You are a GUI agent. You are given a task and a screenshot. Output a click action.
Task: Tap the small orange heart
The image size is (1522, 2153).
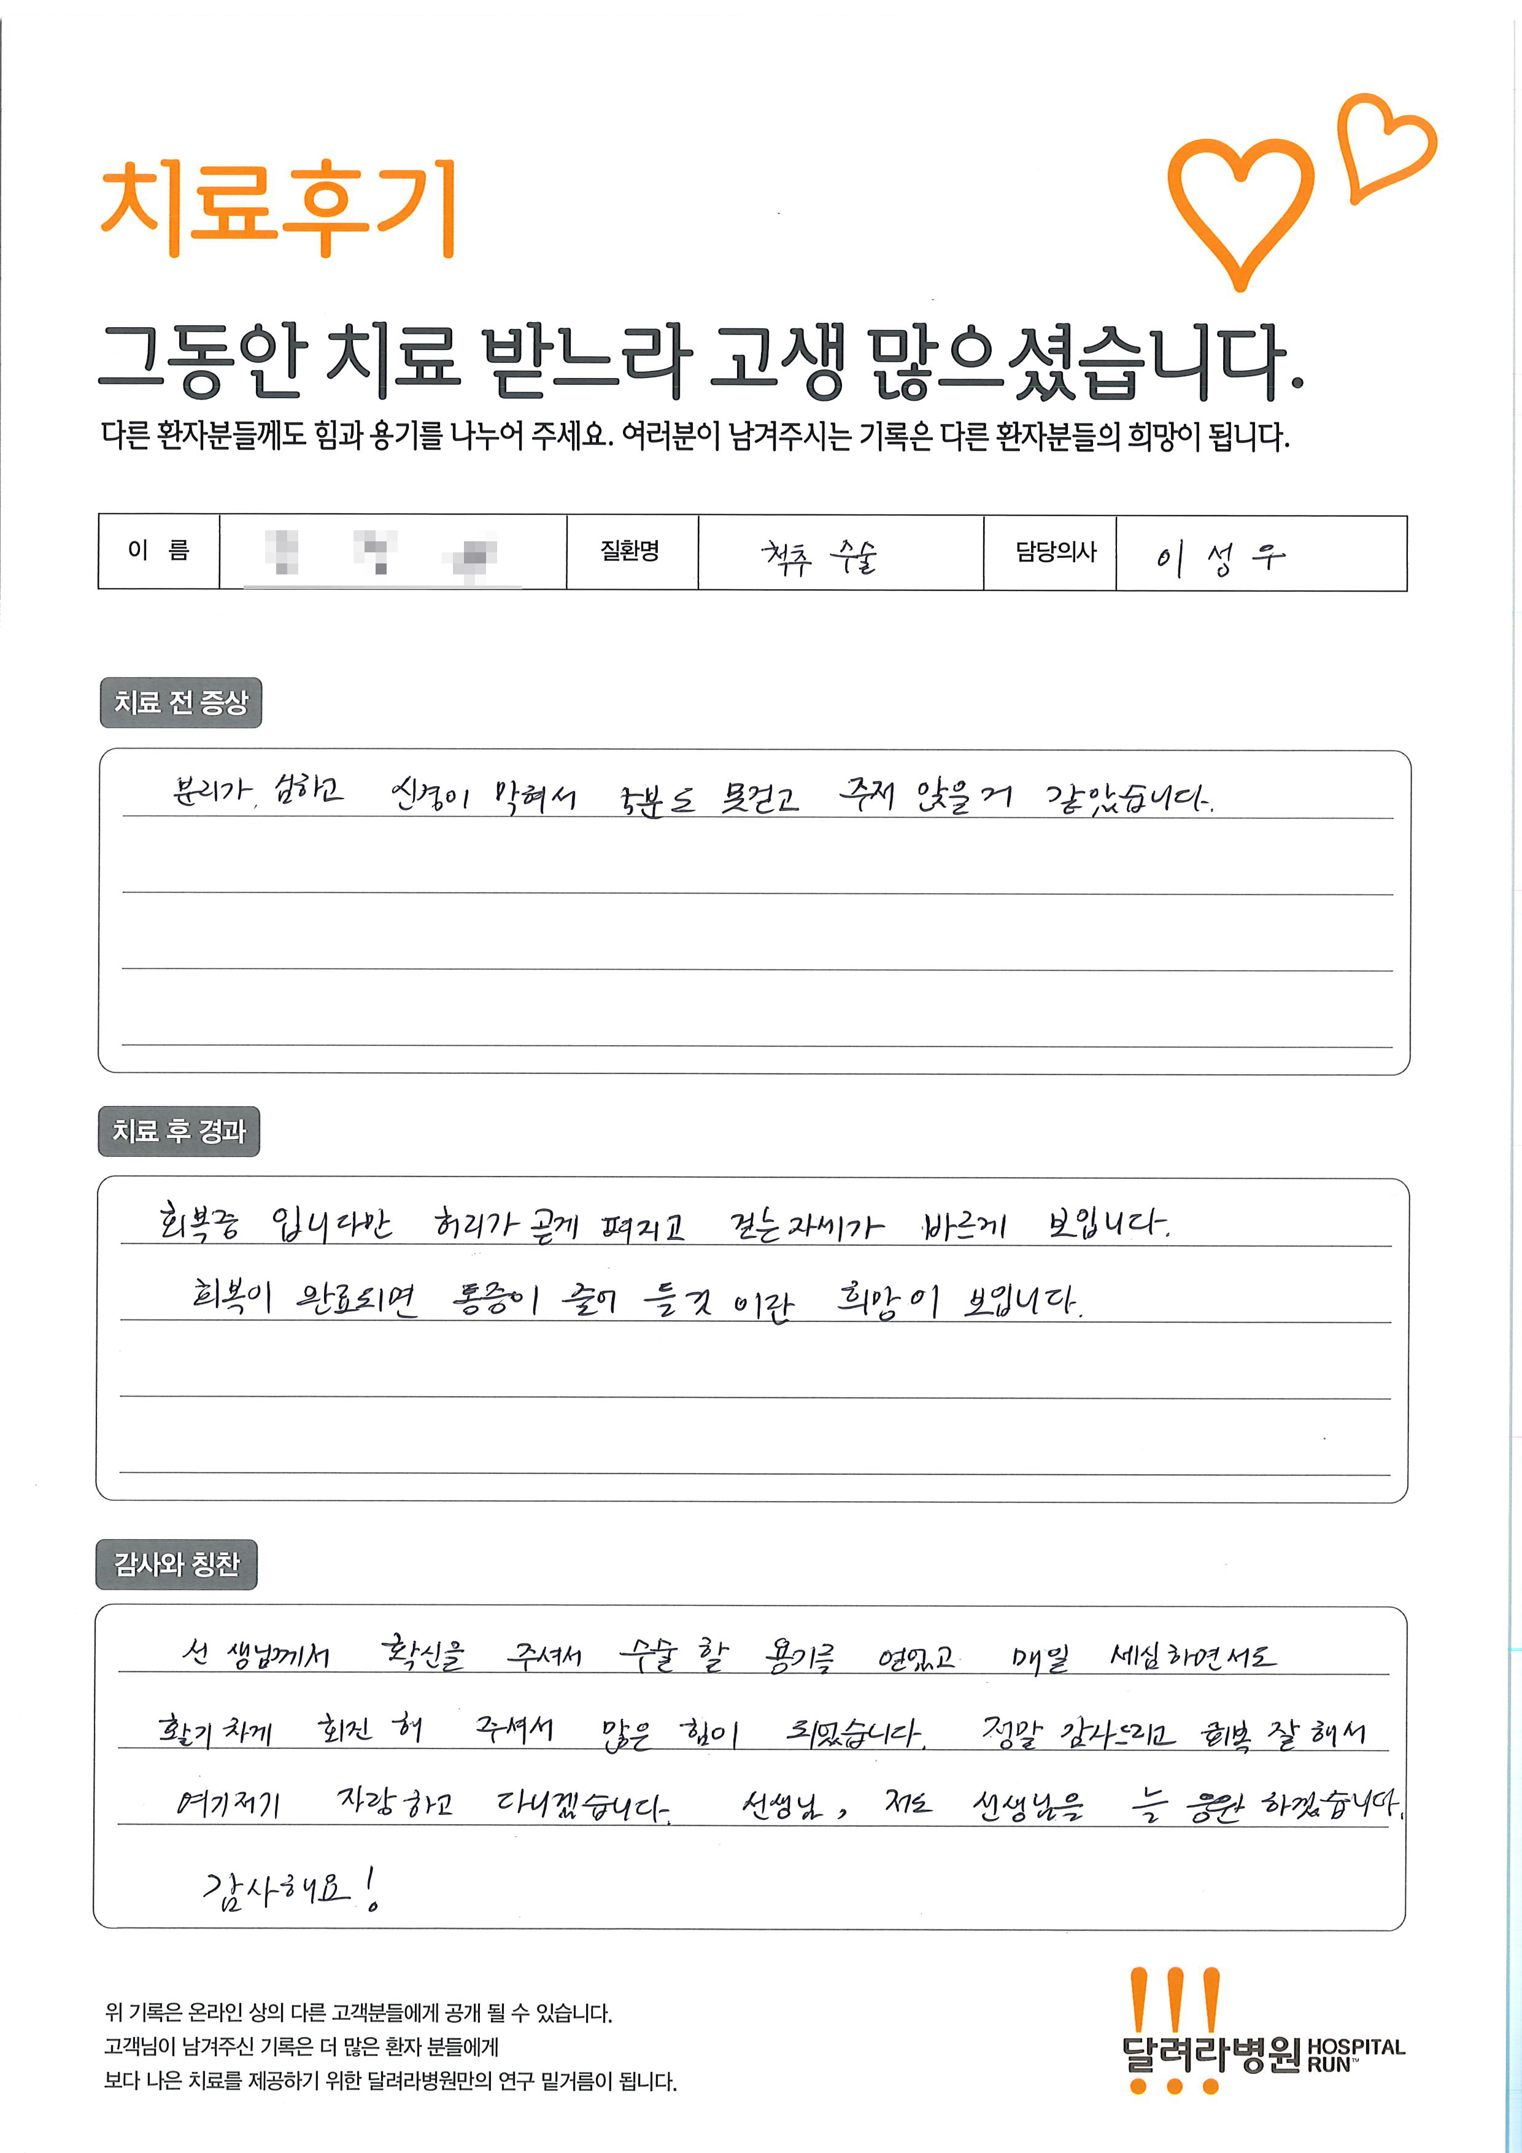click(x=1383, y=146)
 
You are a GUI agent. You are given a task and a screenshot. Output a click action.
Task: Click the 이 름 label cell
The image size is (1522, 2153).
click(x=158, y=551)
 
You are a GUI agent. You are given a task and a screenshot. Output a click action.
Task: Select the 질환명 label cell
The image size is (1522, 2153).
click(x=630, y=551)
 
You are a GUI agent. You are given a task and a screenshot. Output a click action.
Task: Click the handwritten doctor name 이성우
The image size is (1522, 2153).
click(x=1219, y=558)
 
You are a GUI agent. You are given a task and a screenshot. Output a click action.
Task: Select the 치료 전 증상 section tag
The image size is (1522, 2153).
click(x=180, y=702)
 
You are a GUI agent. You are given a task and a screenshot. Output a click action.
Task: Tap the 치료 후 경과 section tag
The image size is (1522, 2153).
click(x=178, y=1131)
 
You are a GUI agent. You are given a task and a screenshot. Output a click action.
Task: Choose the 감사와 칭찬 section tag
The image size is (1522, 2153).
click(x=176, y=1564)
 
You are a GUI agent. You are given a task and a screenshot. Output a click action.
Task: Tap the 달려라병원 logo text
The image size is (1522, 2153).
click(x=1210, y=2055)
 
